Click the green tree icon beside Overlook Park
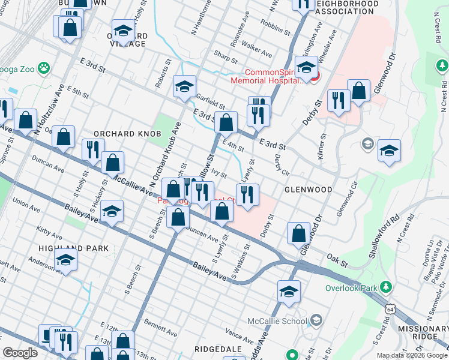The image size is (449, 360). [x=387, y=287]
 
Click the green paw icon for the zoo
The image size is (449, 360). [x=44, y=68]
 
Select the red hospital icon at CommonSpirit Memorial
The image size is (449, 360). [x=315, y=76]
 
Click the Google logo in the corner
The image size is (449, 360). [x=20, y=353]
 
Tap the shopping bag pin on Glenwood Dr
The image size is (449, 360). [x=298, y=233]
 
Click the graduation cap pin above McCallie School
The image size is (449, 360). [x=289, y=292]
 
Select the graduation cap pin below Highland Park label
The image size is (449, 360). [x=66, y=260]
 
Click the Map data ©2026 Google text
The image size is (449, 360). [x=412, y=355]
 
